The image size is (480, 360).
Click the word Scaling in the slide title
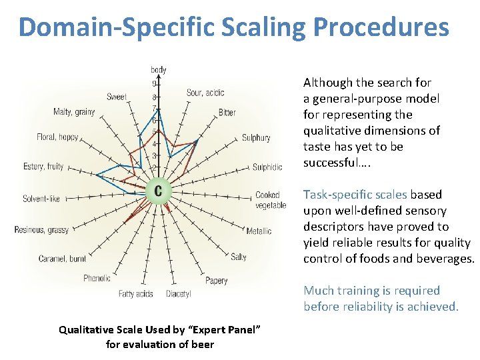[256, 27]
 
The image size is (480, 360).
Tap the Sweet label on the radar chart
[117, 97]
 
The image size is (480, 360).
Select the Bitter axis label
[227, 113]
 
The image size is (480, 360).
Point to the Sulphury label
[256, 138]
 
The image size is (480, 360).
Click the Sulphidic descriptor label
[267, 167]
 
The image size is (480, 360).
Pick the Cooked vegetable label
[270, 200]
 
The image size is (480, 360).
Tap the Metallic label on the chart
[259, 231]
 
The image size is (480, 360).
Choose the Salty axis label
[239, 257]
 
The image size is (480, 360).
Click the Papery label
[217, 281]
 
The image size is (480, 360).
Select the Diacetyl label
[178, 293]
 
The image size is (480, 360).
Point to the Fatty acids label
[136, 293]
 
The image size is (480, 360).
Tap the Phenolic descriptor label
[97, 278]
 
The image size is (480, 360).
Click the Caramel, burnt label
[62, 258]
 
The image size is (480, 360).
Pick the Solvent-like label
[41, 198]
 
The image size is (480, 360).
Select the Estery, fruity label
[43, 166]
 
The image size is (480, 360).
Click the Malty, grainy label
[74, 112]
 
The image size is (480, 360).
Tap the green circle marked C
[158, 191]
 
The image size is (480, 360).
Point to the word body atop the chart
[159, 69]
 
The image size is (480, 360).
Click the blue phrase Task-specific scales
[355, 195]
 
